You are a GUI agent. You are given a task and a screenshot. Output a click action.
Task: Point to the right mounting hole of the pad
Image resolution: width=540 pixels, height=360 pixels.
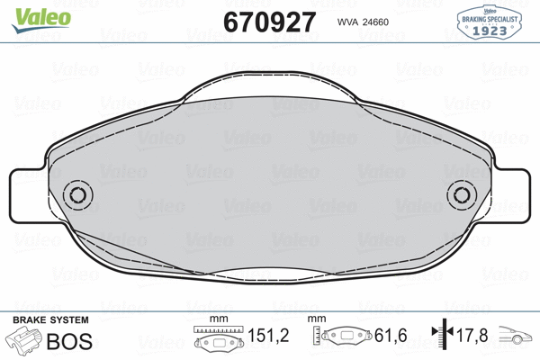pyautogui.click(x=463, y=194)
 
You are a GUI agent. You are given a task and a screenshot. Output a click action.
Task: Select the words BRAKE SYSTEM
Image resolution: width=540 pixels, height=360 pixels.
pyautogui.click(x=49, y=320)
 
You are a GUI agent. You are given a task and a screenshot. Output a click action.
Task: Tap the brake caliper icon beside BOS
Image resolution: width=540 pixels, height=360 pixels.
pyautogui.click(x=25, y=341)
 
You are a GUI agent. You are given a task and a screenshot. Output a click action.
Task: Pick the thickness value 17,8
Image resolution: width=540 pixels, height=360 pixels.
pyautogui.click(x=470, y=337)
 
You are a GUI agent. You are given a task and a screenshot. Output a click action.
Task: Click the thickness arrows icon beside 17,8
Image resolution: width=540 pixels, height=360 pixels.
pyautogui.click(x=440, y=337)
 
